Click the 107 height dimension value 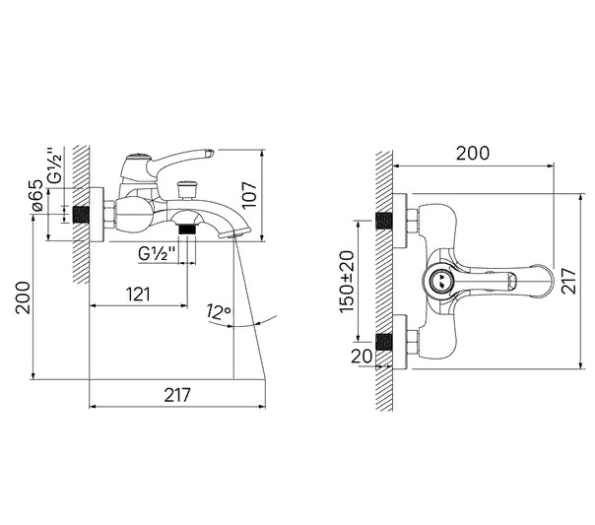coord(249,195)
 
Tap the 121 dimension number coord(138,295)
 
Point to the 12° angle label coord(219,312)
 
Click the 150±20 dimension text coord(347,282)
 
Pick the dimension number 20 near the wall coord(362,357)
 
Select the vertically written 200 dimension coord(23,297)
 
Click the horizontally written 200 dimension coord(473,154)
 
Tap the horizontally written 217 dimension coord(177,395)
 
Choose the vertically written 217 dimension coord(568,281)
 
